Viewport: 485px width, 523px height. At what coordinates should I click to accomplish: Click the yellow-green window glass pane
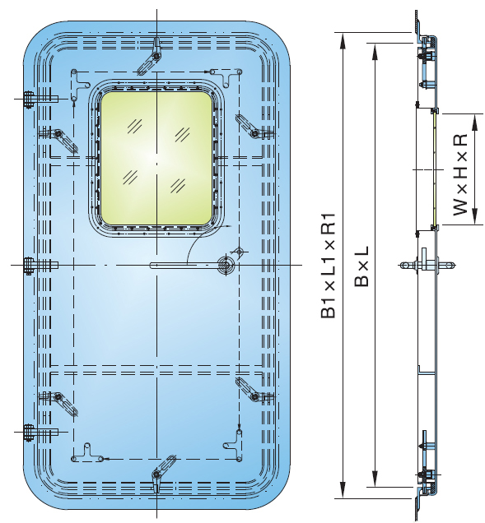coord(156,160)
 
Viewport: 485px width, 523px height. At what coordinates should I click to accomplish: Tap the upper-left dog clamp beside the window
coord(57,134)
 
